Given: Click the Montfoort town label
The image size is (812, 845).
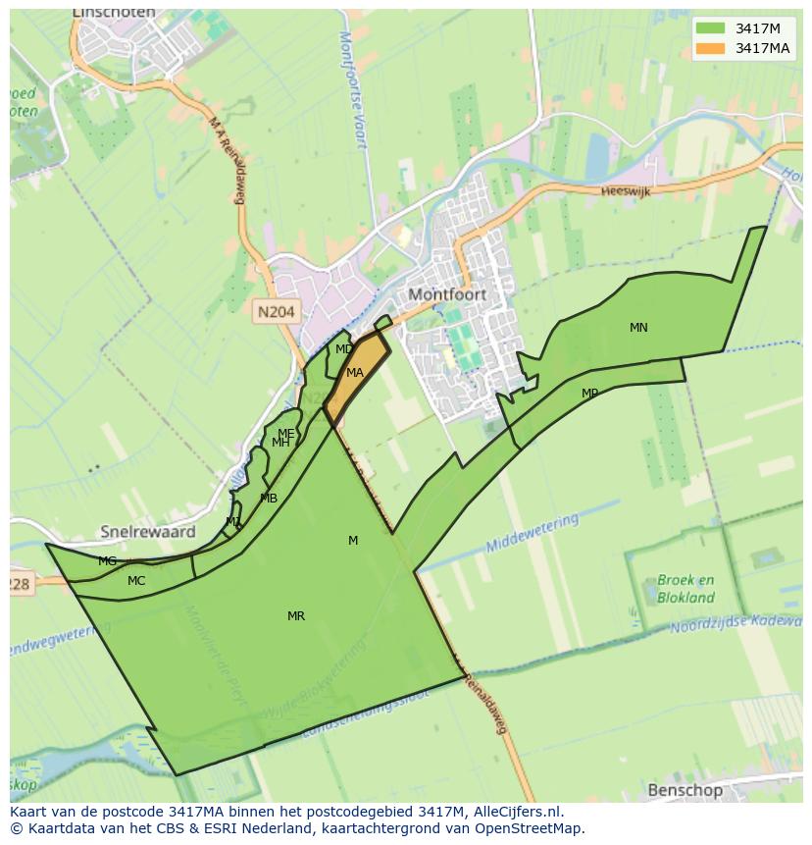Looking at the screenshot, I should [447, 294].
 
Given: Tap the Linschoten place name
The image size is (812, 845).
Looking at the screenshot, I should [114, 13].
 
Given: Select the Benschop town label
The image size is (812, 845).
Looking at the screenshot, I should [685, 790].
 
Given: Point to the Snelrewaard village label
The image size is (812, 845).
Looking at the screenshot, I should [148, 532].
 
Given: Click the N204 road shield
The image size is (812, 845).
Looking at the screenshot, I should [276, 311].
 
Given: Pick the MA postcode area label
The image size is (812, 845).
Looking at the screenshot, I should [355, 373].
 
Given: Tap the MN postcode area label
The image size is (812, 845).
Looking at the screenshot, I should [638, 328].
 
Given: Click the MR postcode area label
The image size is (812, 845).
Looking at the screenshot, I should [295, 616].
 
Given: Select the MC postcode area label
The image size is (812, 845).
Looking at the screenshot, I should [136, 581].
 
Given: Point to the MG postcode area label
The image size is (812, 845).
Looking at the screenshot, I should [107, 561].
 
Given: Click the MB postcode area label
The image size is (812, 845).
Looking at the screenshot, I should [269, 499].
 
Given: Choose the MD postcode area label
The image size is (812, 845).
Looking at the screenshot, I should [343, 349].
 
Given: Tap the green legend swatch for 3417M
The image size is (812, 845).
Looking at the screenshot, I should [711, 28].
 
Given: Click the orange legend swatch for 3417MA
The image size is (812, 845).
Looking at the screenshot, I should [711, 48].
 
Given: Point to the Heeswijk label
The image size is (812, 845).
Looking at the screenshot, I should [626, 192].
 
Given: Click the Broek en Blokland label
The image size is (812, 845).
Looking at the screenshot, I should [685, 589].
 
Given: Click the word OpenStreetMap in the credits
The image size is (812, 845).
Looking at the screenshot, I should [531, 827].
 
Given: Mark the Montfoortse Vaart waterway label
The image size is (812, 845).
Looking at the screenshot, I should [352, 88].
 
